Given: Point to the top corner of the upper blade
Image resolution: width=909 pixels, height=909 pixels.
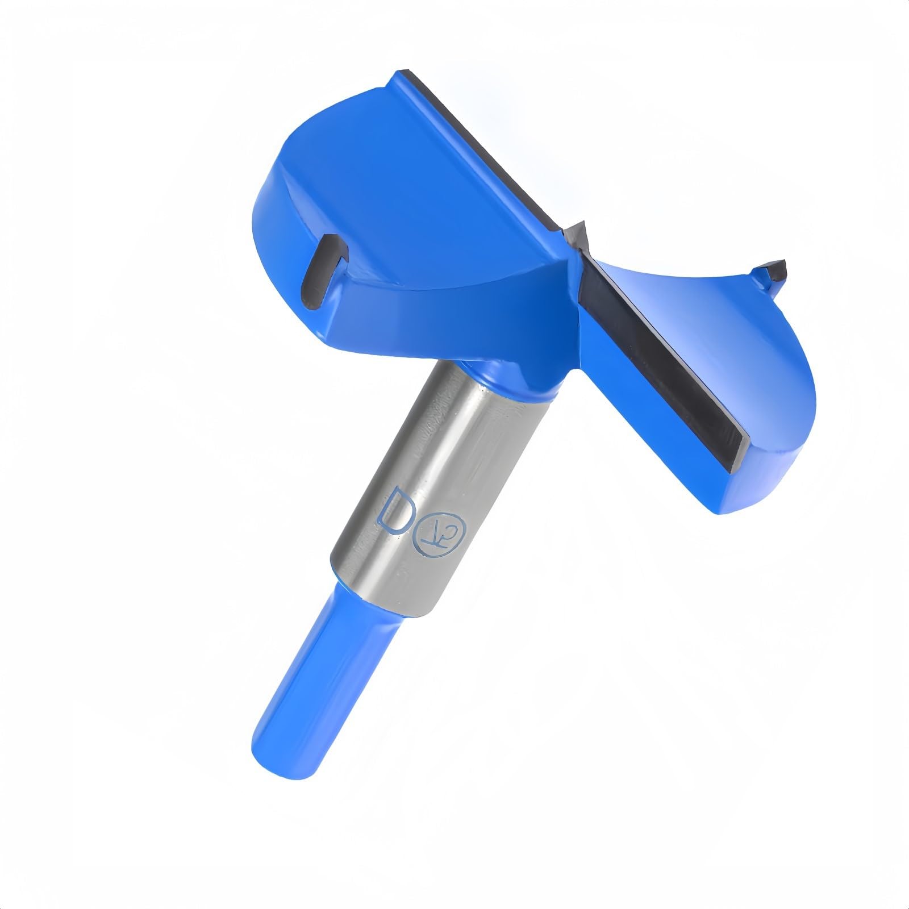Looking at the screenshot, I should [405, 74].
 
